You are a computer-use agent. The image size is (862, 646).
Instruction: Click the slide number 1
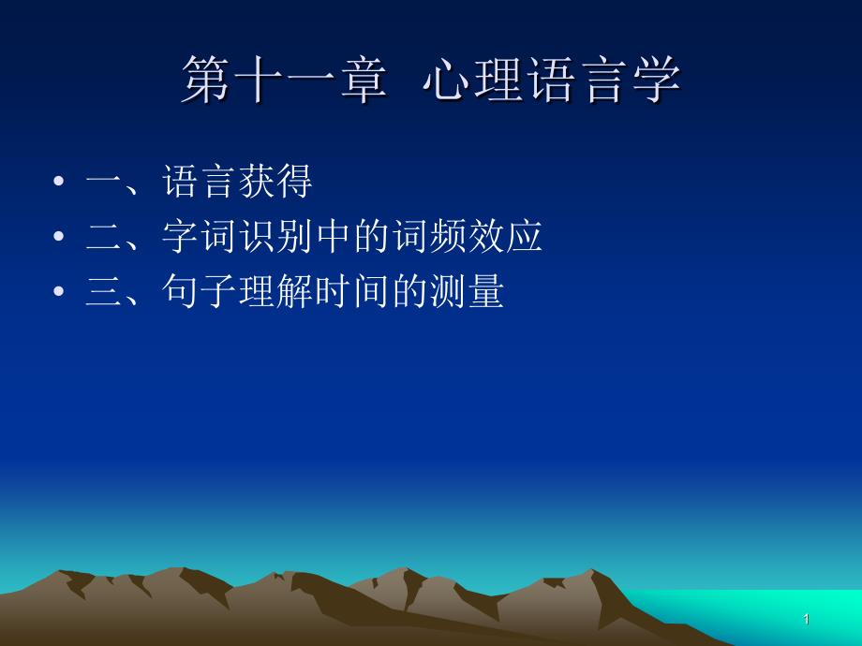807,620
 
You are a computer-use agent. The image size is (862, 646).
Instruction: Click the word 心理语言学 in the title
552,80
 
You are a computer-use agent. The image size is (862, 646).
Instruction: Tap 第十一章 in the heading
284,80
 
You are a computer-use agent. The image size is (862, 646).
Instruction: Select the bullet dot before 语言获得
59,181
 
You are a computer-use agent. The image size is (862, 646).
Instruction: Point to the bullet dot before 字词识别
59,236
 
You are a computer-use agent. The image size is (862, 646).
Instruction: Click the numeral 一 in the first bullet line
103,183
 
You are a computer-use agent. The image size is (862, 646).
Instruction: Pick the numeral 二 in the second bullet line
103,237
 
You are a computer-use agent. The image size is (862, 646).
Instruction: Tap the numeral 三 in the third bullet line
103,292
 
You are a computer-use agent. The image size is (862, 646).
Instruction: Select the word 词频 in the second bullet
429,236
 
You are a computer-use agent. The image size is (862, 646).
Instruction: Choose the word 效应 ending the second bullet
506,236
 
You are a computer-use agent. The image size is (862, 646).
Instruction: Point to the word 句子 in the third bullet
200,291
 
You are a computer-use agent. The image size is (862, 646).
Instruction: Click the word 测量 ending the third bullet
468,291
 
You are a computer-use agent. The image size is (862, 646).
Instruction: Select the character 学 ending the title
657,80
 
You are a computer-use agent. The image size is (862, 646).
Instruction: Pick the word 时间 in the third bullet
353,291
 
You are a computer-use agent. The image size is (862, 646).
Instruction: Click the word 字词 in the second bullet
200,236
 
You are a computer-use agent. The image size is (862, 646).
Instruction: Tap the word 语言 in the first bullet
200,182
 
